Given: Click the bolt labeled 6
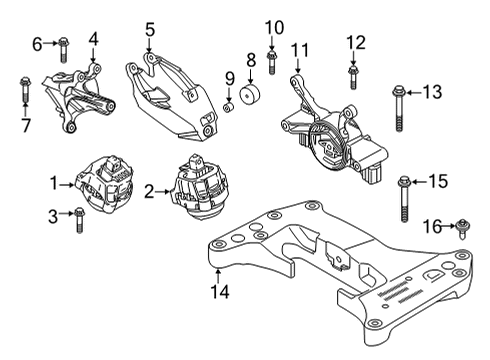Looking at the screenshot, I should [x=62, y=43].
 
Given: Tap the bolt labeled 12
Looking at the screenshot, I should [x=352, y=72].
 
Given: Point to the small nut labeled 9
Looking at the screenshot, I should [x=229, y=106].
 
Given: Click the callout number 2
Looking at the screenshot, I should [x=148, y=190].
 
